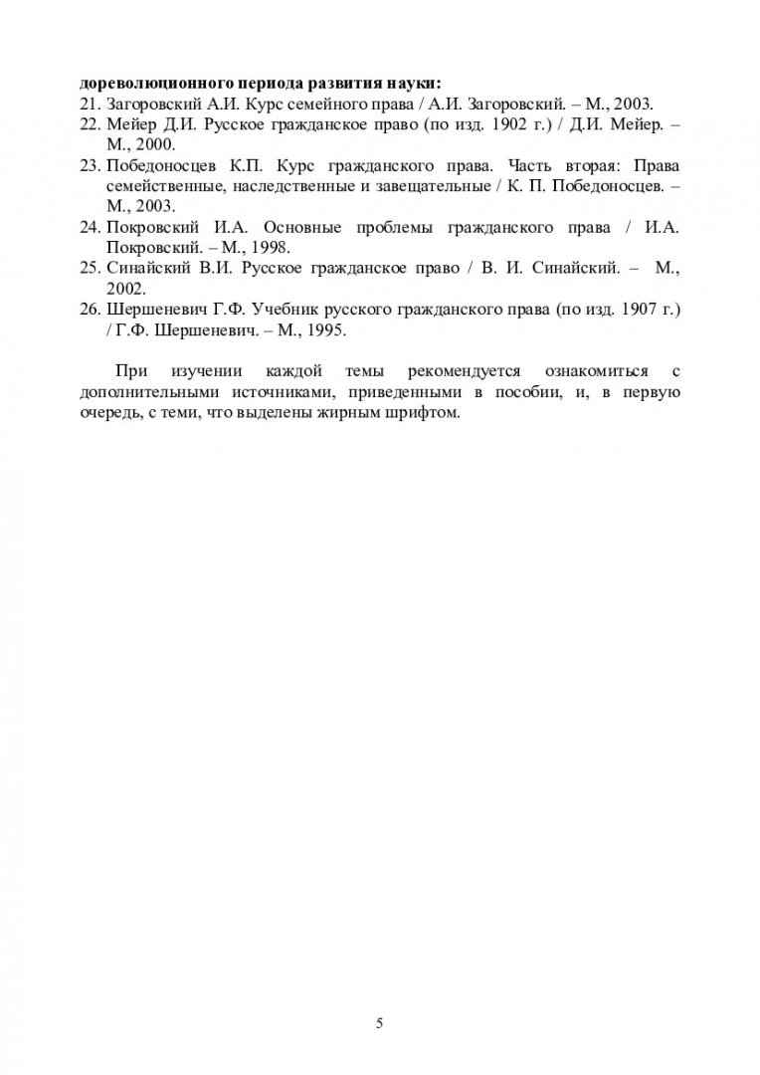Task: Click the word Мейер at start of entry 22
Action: click(x=128, y=123)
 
